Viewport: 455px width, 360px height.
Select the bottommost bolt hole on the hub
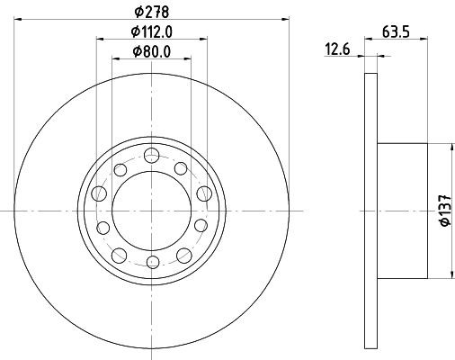click(152, 262)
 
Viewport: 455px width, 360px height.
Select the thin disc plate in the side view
click(370, 208)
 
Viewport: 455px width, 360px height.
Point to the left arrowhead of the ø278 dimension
click(19, 19)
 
